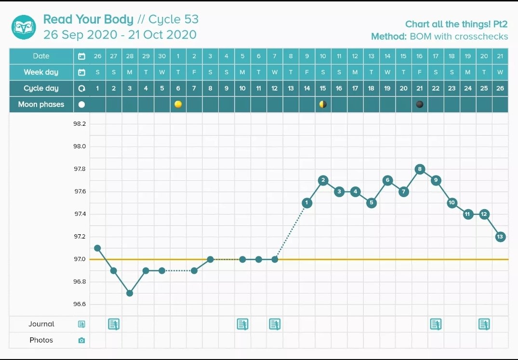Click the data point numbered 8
pyautogui.click(x=420, y=169)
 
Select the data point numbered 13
pyautogui.click(x=500, y=237)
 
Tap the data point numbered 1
pyautogui.click(x=307, y=203)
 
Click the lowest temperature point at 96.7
pyautogui.click(x=130, y=293)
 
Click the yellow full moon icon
pyautogui.click(x=178, y=104)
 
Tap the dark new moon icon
pyautogui.click(x=420, y=104)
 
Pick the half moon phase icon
pyautogui.click(x=323, y=104)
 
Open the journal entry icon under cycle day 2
pyautogui.click(x=114, y=324)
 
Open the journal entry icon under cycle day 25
pyautogui.click(x=484, y=324)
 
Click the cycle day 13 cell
pyautogui.click(x=291, y=88)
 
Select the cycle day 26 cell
pyautogui.click(x=500, y=88)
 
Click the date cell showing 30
pyautogui.click(x=162, y=56)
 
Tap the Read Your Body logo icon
pyautogui.click(x=24, y=27)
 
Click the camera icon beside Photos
pyautogui.click(x=81, y=340)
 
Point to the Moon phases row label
pyautogui.click(x=41, y=104)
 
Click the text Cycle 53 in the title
pyautogui.click(x=173, y=19)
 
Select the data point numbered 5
pyautogui.click(x=371, y=203)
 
